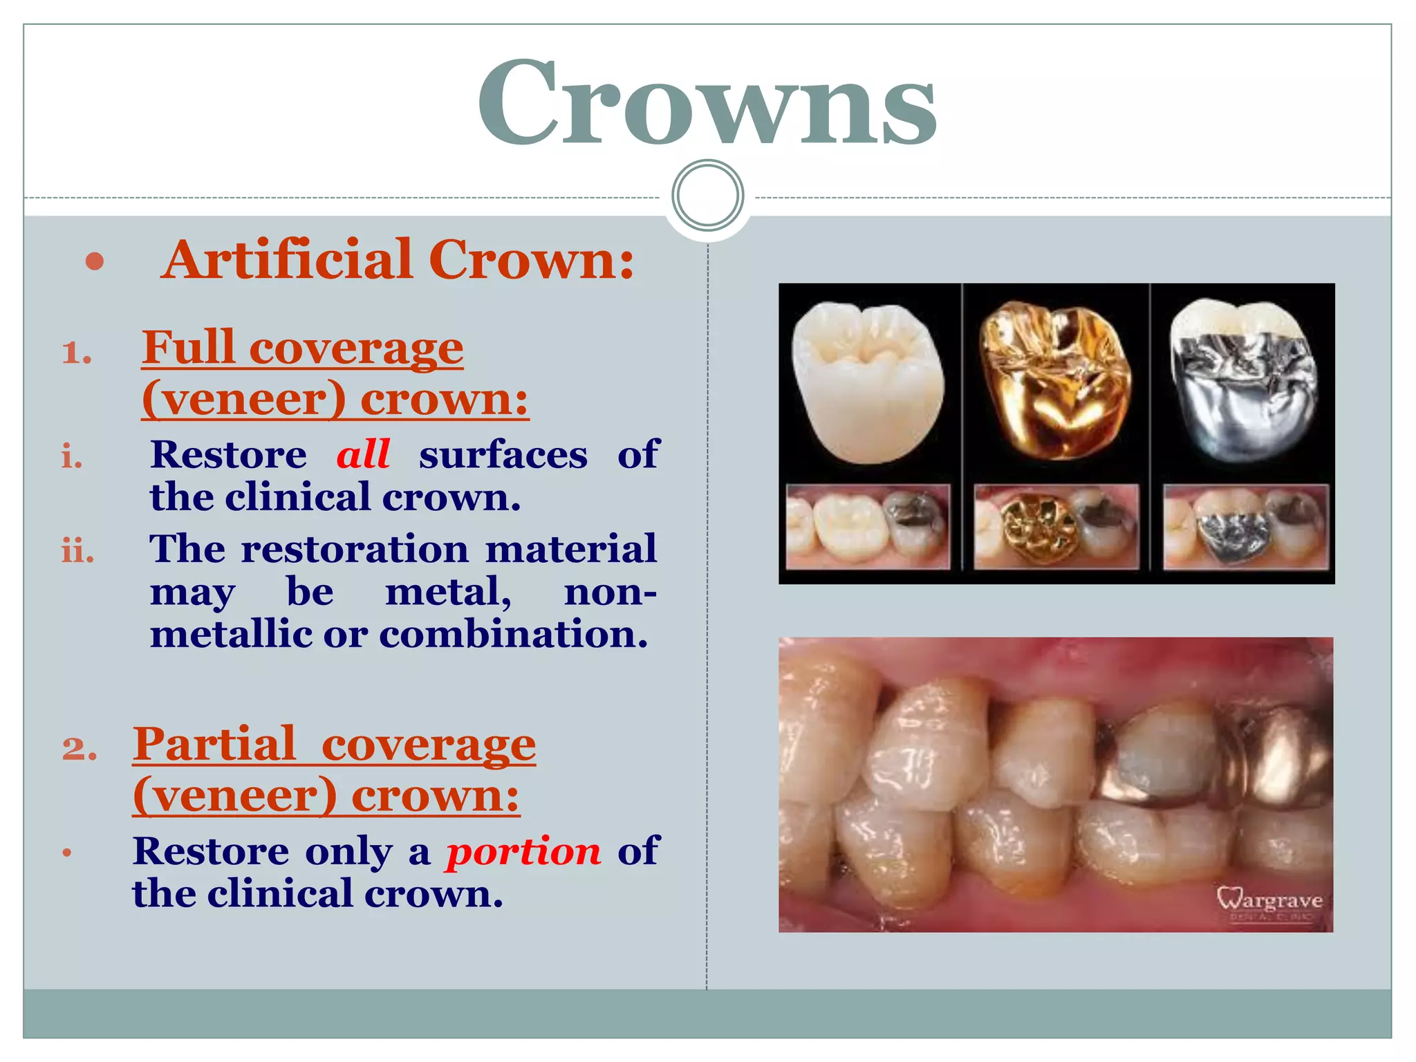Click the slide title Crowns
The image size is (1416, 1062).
click(x=707, y=104)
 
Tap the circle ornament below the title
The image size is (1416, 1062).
click(x=707, y=196)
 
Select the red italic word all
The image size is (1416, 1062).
click(x=363, y=454)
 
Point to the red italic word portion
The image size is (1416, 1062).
click(x=523, y=850)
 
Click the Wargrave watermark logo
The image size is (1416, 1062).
click(x=1269, y=902)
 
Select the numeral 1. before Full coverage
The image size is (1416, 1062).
click(x=76, y=353)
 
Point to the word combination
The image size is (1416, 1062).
click(x=513, y=633)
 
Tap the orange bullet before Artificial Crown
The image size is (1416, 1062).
click(x=95, y=262)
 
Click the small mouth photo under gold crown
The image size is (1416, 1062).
click(x=1056, y=527)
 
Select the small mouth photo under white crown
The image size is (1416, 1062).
click(x=868, y=527)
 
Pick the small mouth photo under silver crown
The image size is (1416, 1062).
click(x=1245, y=527)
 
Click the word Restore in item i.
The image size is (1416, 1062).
click(x=228, y=455)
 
